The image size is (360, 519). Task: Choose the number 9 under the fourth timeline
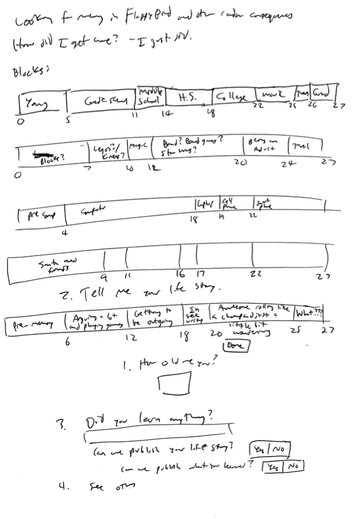click(x=104, y=276)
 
